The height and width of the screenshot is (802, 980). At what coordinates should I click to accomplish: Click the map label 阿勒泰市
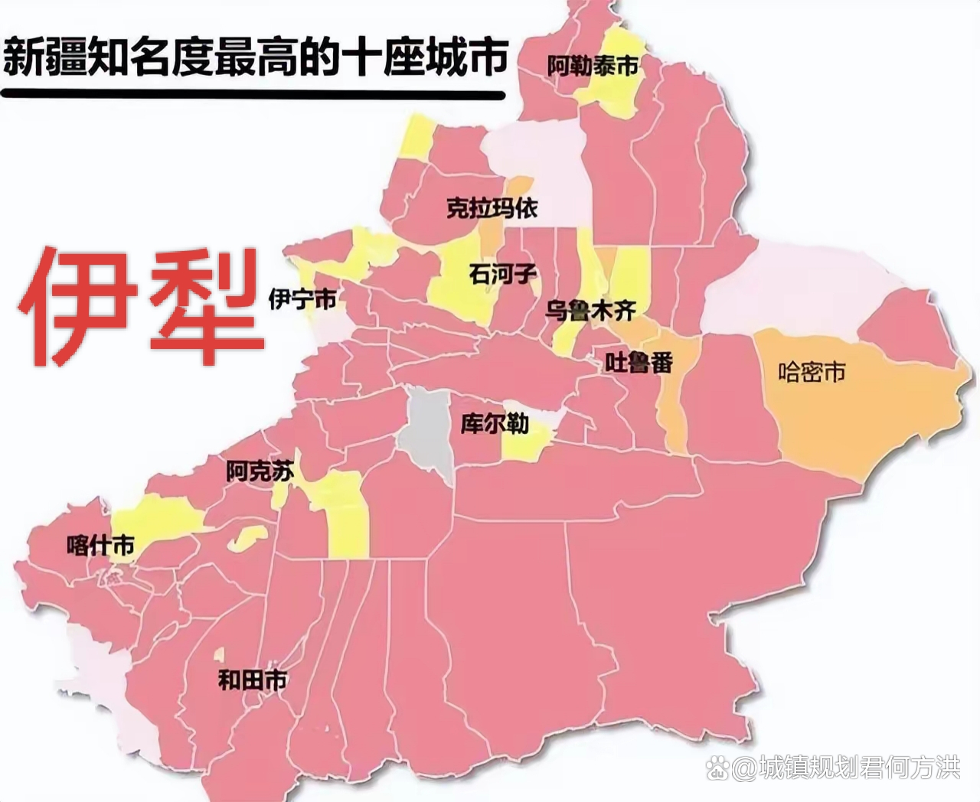pos(593,67)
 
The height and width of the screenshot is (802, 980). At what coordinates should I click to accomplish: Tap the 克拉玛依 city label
pos(492,207)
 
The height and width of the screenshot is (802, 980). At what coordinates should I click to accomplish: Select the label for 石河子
pos(503,274)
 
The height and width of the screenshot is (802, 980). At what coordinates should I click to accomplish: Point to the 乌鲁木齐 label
pos(590,311)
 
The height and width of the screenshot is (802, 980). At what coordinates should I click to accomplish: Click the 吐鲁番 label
pos(639,362)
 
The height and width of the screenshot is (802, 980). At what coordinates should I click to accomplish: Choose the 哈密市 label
pos(812,372)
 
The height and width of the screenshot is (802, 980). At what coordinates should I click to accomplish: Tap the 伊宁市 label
pos(302,299)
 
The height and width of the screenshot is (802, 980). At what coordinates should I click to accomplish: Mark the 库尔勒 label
pos(494,423)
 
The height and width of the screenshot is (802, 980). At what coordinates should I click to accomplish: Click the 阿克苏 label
pos(260,471)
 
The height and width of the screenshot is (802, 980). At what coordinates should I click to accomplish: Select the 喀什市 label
pos(100,546)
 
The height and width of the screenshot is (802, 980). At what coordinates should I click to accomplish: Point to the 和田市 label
pos(253,679)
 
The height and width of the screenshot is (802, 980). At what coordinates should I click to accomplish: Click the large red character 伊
pos(77,306)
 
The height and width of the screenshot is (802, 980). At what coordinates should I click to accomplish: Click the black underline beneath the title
pos(253,96)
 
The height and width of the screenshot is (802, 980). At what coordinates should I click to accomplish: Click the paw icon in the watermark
pos(717,768)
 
